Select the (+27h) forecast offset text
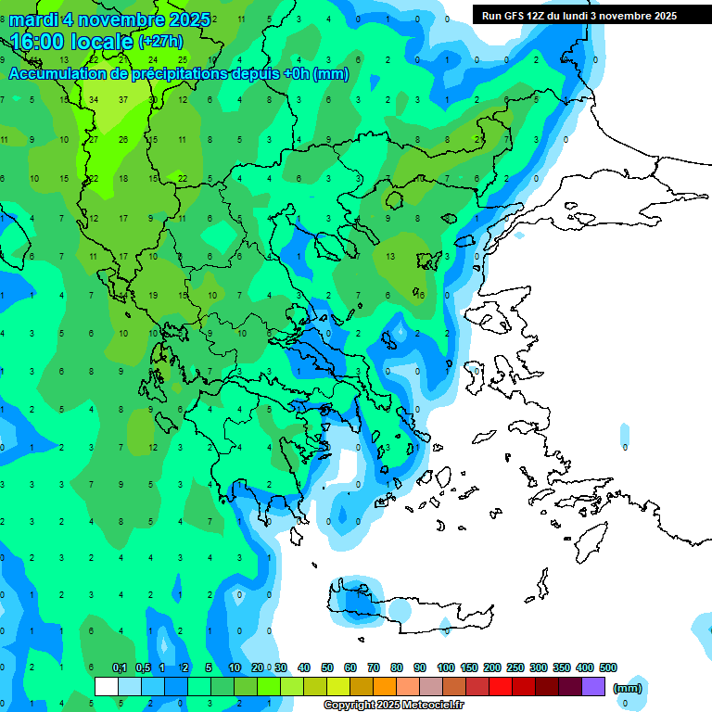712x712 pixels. [x=159, y=42]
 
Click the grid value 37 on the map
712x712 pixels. [x=123, y=99]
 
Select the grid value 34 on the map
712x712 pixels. [x=95, y=99]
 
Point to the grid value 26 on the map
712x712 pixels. [x=123, y=139]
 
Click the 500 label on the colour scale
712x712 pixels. [x=607, y=667]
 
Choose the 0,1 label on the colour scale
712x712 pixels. [x=120, y=667]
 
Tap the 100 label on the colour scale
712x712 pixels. [x=445, y=667]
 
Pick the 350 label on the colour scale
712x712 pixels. [x=561, y=667]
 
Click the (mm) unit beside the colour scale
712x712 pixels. [x=628, y=688]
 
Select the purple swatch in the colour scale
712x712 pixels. [x=593, y=686]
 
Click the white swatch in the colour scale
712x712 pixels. [x=107, y=686]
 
